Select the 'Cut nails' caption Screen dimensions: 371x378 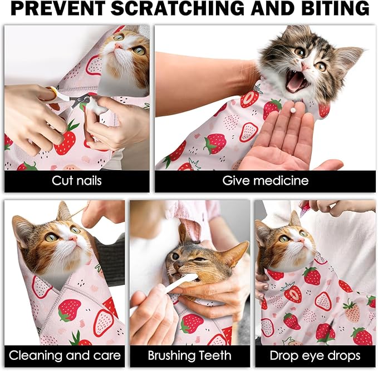pos(77,181)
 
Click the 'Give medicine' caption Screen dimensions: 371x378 pos(265,181)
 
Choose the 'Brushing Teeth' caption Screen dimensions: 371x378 pos(189,355)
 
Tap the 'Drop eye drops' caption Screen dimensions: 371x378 pos(315,355)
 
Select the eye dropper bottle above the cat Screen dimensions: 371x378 pos(305,207)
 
